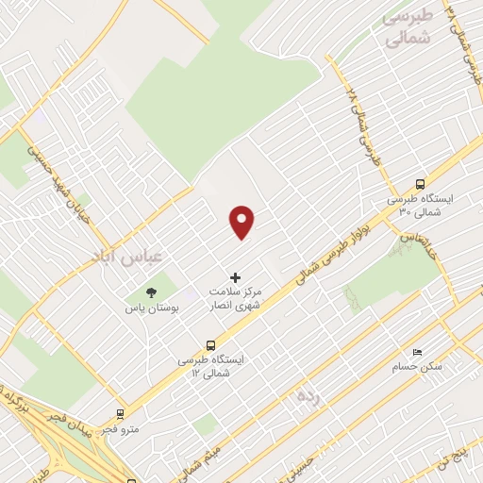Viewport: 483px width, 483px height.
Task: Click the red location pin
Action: (243, 222)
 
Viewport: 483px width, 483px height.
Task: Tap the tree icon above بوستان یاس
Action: (150, 291)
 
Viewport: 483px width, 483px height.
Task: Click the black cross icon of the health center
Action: (235, 277)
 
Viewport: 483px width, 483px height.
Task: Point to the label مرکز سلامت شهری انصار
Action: (236, 300)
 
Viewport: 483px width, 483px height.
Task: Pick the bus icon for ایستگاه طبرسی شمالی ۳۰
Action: (420, 185)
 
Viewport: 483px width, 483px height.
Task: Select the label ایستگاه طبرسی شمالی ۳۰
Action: (420, 207)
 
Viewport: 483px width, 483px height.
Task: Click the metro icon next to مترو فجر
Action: (121, 413)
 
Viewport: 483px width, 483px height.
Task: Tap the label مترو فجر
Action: (122, 429)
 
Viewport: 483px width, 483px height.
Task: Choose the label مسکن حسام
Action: (418, 365)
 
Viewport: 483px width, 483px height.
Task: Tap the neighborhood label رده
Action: (310, 392)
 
